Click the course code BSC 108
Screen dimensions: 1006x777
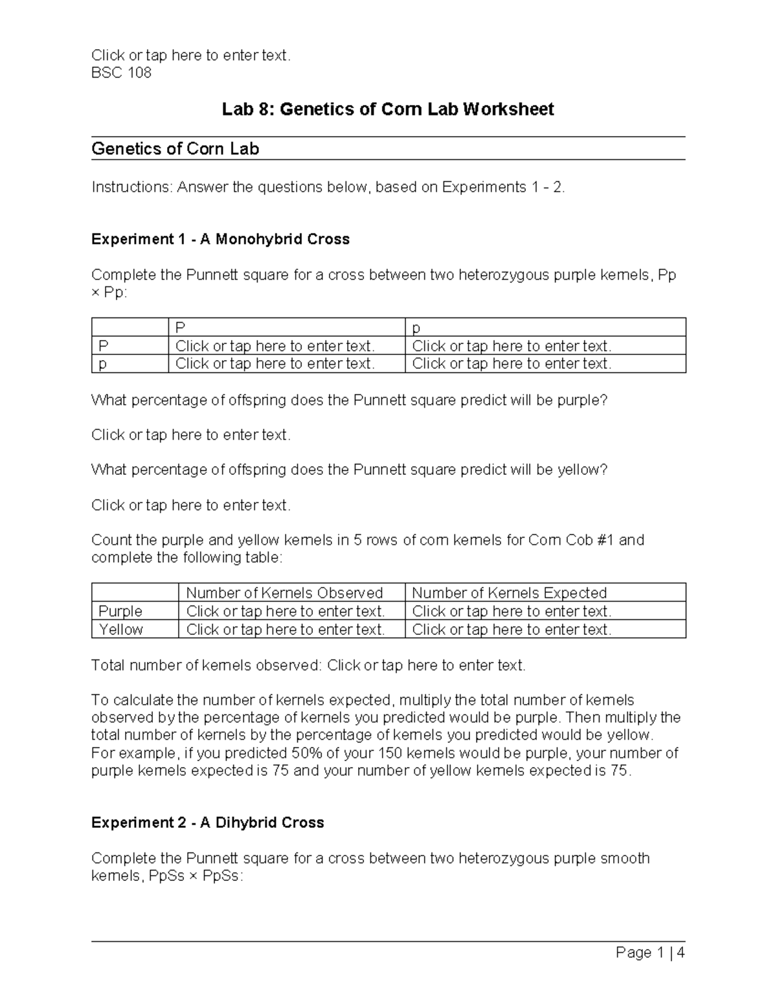(121, 73)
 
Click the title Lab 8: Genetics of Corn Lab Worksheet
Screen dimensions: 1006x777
(388, 109)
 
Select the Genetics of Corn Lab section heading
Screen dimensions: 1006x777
(175, 149)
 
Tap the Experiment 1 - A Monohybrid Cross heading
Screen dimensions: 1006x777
(220, 239)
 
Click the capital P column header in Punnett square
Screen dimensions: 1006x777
(180, 328)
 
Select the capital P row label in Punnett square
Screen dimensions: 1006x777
(103, 346)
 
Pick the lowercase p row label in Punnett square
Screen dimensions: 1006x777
(103, 364)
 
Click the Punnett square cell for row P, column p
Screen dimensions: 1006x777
(512, 346)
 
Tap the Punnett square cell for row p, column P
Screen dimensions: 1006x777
(275, 364)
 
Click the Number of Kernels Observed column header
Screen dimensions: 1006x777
(284, 593)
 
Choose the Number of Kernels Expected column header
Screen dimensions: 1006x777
(509, 593)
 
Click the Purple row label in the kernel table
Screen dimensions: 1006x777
(120, 611)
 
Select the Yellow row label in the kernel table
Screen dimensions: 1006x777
(120, 629)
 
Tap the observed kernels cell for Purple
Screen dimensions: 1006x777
(286, 611)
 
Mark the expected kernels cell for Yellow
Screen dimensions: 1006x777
(512, 629)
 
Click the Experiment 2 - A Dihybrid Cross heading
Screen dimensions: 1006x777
(207, 823)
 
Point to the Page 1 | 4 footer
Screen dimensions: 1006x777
(650, 952)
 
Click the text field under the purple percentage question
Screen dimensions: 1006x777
(191, 435)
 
